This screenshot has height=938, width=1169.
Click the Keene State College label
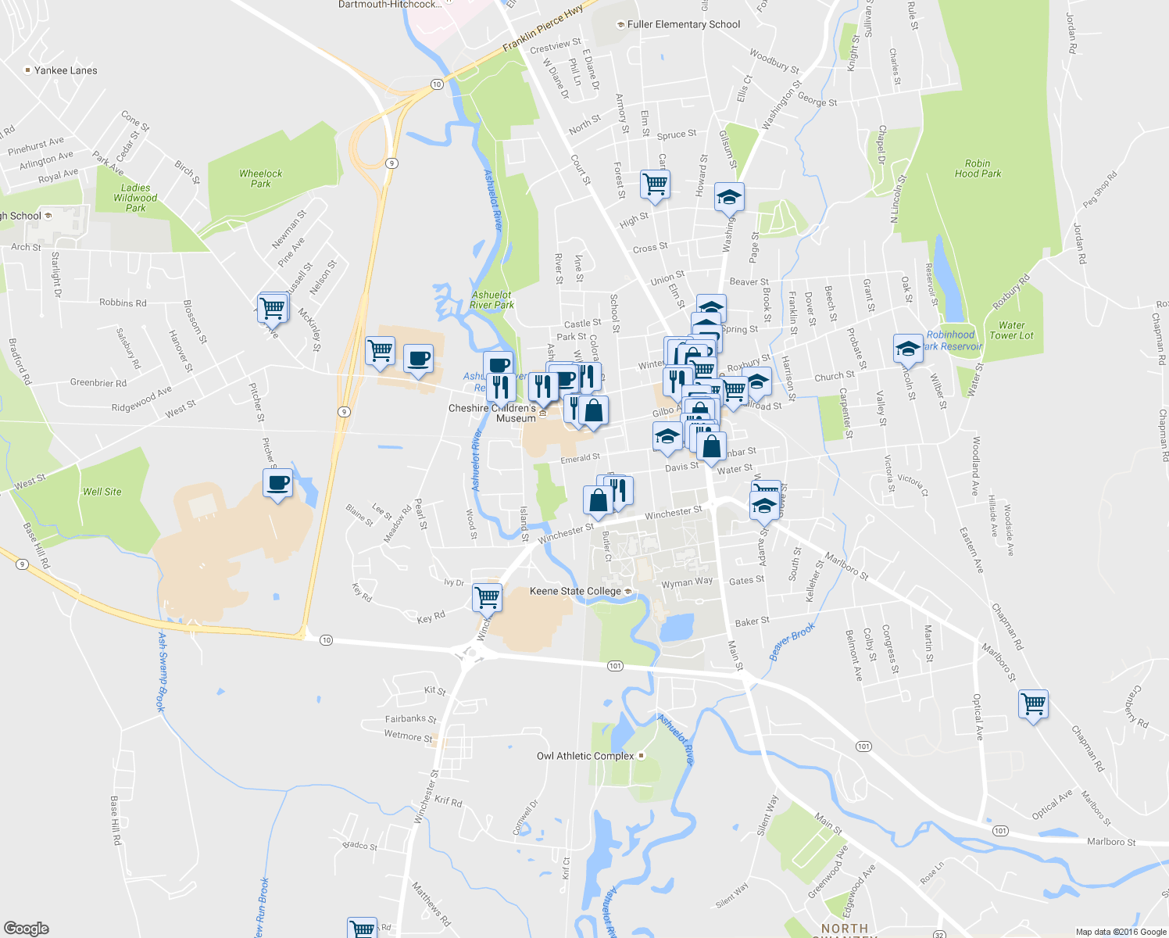click(575, 591)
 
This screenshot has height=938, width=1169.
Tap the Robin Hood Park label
click(978, 169)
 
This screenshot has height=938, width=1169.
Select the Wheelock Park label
click(261, 179)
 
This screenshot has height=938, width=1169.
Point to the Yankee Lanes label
click(66, 70)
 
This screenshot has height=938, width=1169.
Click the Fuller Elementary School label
click(683, 24)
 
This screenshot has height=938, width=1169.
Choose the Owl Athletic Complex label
click(585, 756)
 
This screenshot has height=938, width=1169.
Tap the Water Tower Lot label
click(1011, 331)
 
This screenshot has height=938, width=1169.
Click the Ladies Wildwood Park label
click(135, 198)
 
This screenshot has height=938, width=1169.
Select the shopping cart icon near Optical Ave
click(1033, 703)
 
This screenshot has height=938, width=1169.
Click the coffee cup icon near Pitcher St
click(277, 483)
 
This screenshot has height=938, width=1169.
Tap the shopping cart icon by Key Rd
click(487, 598)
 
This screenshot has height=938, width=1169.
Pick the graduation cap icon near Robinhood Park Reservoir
click(908, 348)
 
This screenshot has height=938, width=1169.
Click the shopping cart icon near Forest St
click(654, 184)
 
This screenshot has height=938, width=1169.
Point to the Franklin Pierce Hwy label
click(542, 30)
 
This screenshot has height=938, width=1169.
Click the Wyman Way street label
click(687, 582)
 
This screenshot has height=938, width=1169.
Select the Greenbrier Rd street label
click(98, 383)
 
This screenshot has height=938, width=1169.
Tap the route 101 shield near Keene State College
click(615, 666)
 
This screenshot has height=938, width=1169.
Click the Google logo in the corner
click(26, 928)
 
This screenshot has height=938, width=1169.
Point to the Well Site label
click(102, 492)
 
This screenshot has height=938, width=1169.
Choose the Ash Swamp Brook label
click(161, 671)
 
